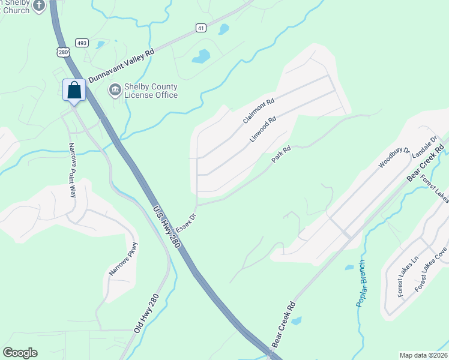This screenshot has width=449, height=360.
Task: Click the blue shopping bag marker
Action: (74, 91)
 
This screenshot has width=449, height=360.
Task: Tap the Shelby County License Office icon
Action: (113, 90)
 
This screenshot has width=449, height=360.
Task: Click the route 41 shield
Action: (201, 28)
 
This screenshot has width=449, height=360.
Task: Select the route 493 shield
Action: (82, 42)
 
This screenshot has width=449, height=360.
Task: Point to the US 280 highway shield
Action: (62, 52)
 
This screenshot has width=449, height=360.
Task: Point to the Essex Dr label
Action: (186, 223)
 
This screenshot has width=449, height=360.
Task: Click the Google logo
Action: (20, 352)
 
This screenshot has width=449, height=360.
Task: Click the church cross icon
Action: (40, 6)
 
